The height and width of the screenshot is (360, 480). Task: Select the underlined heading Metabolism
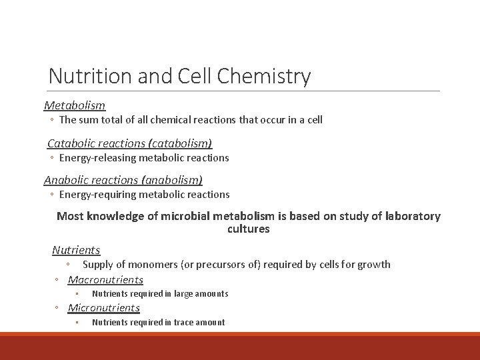point(75,105)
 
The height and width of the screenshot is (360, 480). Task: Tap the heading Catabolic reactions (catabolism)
point(129,143)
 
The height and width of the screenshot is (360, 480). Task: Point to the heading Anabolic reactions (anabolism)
point(123,180)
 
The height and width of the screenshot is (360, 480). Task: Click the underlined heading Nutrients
point(76,250)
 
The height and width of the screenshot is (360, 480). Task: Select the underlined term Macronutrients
point(105,279)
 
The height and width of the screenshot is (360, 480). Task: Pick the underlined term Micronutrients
point(104,307)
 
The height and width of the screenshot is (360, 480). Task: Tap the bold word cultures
point(249,229)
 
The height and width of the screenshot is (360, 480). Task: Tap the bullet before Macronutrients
point(58,280)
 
